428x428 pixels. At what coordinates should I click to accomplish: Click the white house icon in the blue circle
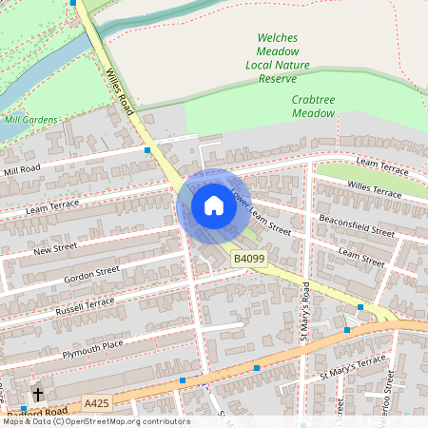(214, 205)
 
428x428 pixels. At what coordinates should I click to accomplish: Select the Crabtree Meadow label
(313, 106)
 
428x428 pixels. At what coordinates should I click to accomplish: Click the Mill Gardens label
(30, 121)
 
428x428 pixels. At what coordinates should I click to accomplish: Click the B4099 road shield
(250, 258)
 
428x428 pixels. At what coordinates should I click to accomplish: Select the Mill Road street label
(23, 170)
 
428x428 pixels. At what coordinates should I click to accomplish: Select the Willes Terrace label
(375, 189)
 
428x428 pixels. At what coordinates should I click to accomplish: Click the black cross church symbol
(38, 394)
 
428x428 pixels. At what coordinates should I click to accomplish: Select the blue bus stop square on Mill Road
(147, 150)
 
